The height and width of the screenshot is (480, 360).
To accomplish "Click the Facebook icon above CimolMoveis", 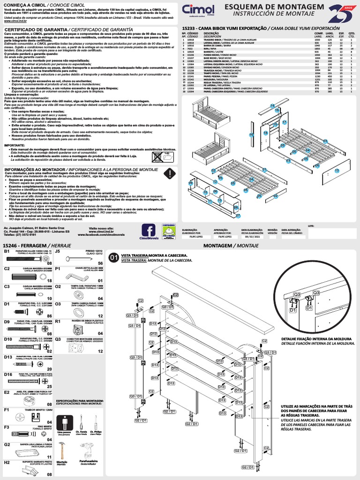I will (149, 230).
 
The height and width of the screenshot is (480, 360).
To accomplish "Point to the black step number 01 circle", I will (114, 257).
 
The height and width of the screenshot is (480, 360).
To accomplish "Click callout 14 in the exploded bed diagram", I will (273, 106).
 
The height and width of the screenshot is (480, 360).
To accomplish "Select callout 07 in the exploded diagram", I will (238, 216).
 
